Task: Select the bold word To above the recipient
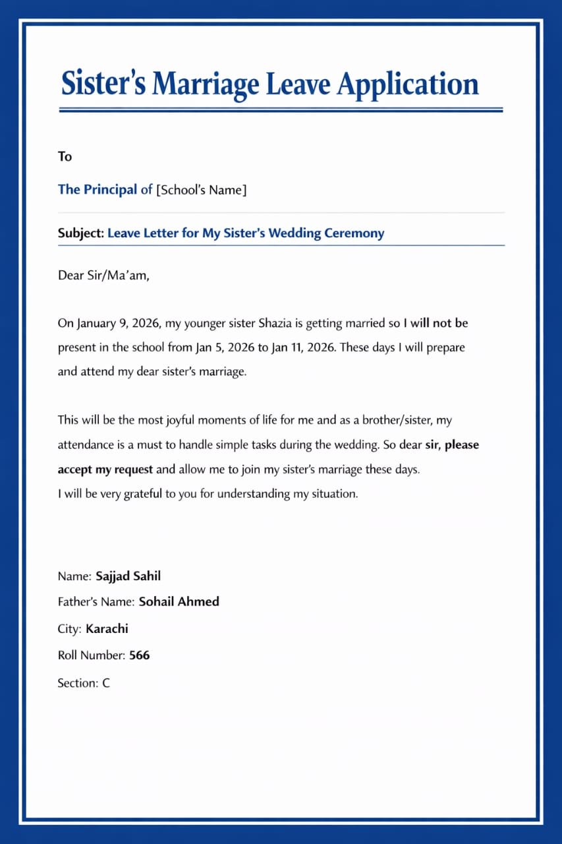[x=65, y=156]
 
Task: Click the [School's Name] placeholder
[x=201, y=190]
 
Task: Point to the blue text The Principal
[x=98, y=190]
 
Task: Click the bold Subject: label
[x=81, y=233]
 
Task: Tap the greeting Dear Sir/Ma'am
[x=103, y=276]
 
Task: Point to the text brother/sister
[x=398, y=420]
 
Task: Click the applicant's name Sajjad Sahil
[x=128, y=576]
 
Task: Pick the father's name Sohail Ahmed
[x=179, y=601]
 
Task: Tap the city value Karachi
[x=107, y=628]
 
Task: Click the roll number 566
[x=139, y=655]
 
